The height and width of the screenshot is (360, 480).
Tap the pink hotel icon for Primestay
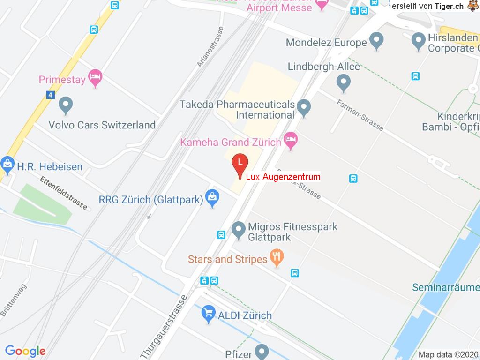click(x=96, y=78)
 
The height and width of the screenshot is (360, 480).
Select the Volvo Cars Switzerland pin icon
click(x=66, y=105)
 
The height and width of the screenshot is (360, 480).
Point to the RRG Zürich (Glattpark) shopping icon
click(x=212, y=198)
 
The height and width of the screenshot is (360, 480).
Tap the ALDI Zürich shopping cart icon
click(x=208, y=314)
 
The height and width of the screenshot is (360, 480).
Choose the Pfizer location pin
click(x=262, y=351)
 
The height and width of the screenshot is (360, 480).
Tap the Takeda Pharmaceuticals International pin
click(x=304, y=108)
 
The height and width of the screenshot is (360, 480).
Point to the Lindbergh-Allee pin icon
click(x=344, y=83)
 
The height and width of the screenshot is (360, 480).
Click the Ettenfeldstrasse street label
click(x=64, y=192)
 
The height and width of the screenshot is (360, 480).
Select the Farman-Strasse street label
click(x=360, y=114)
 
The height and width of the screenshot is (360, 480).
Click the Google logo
click(x=25, y=351)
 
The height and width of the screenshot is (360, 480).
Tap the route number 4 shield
click(x=51, y=95)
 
